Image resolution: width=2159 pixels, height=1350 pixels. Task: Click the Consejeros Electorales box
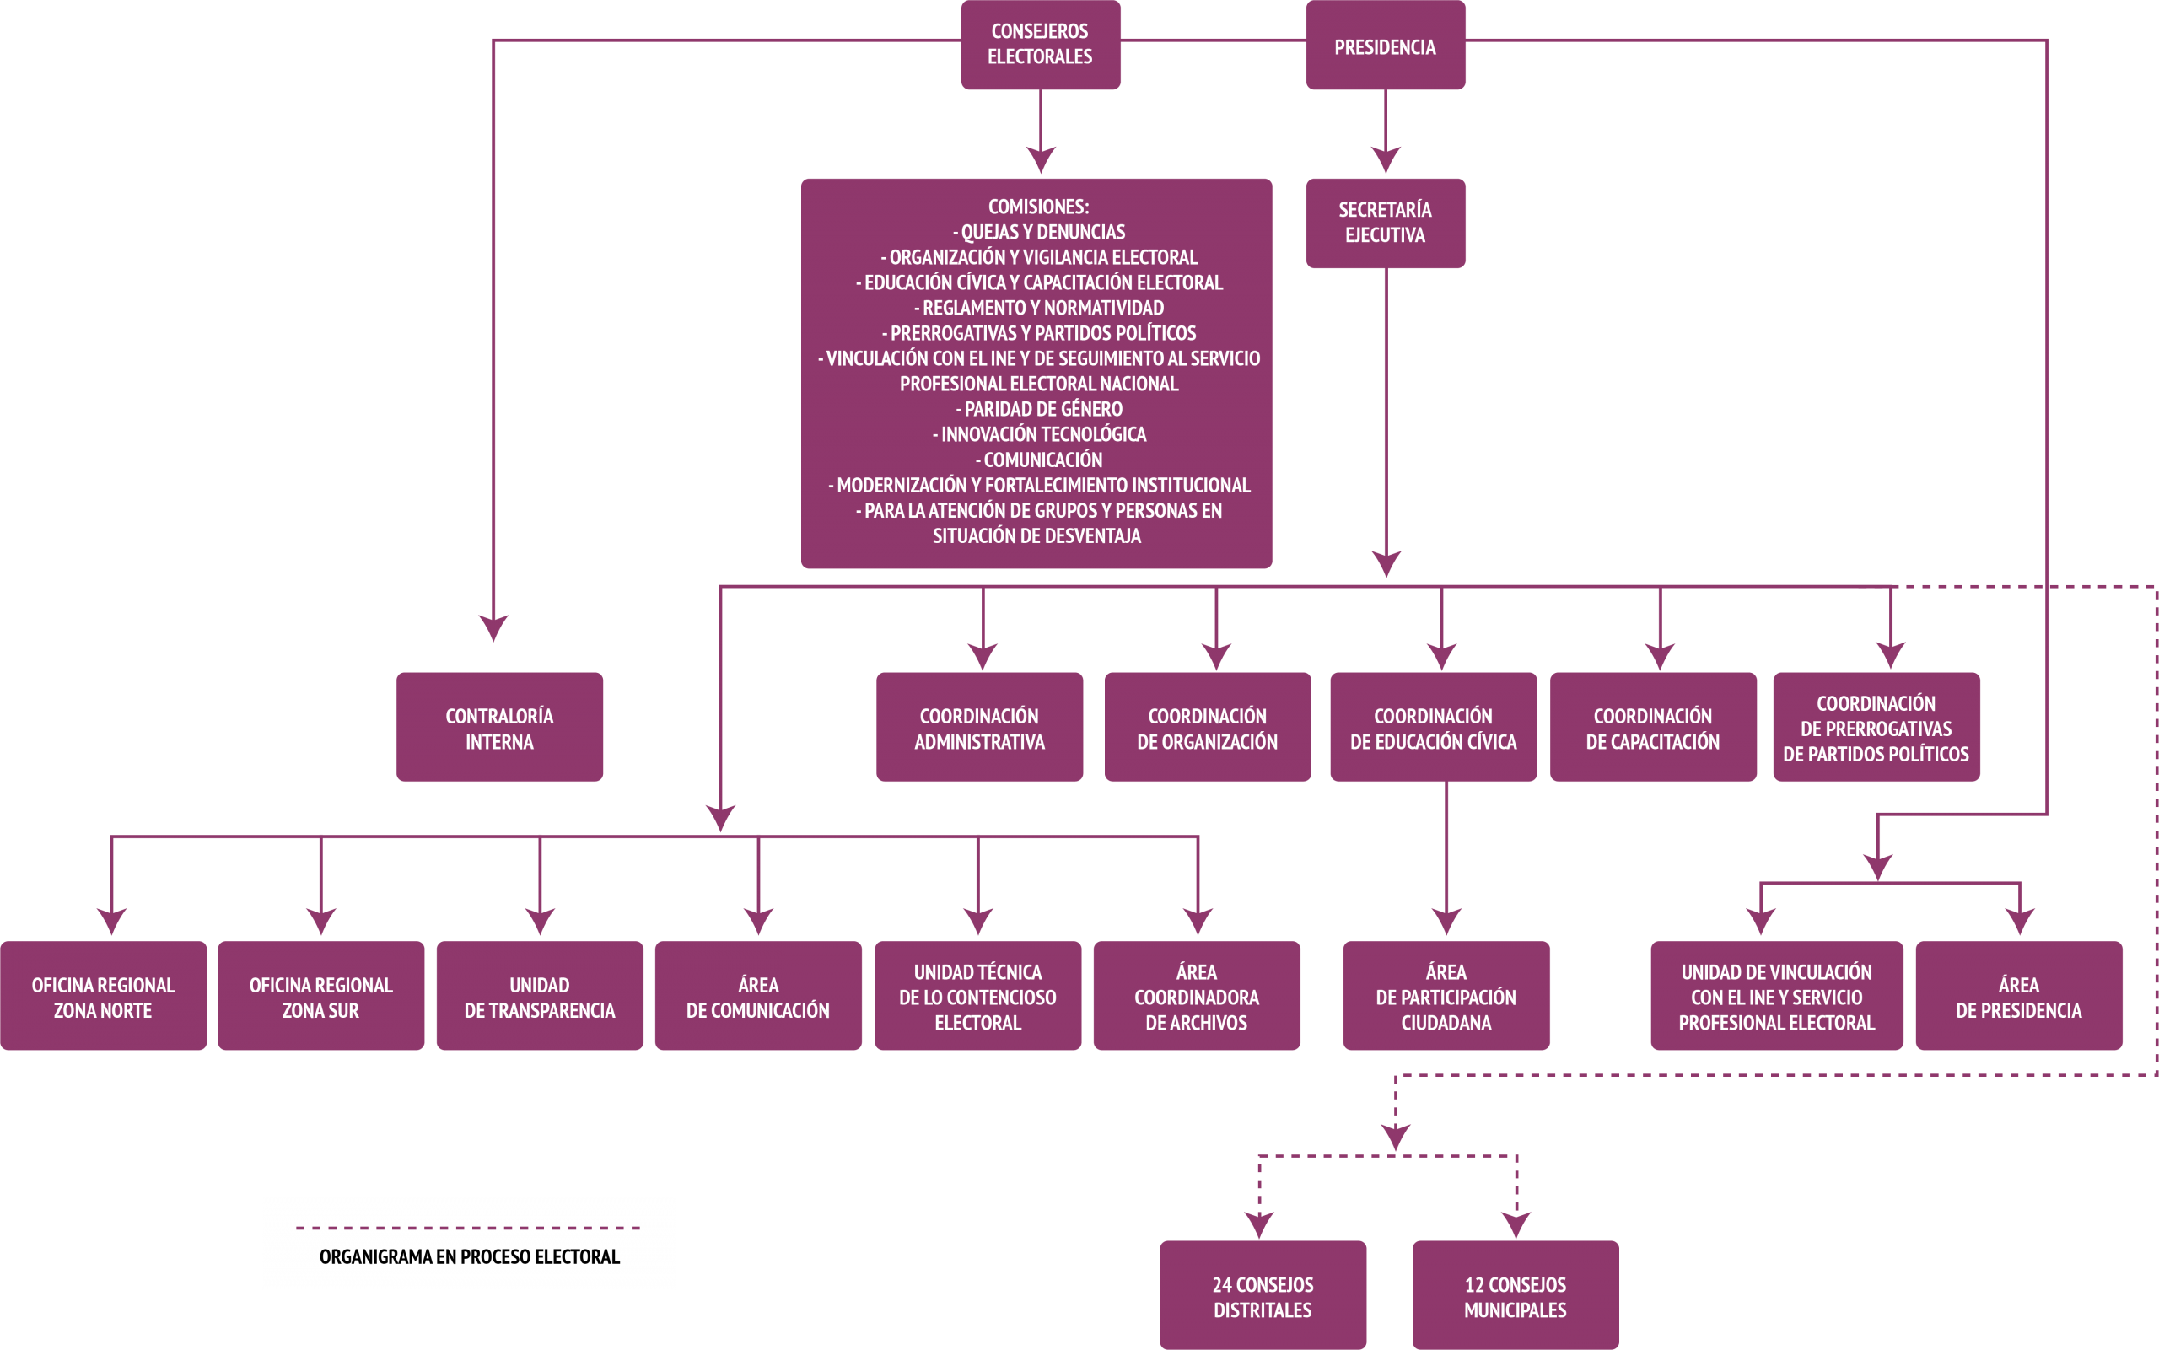tap(1040, 45)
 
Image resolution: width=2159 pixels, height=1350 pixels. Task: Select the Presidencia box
tap(1385, 45)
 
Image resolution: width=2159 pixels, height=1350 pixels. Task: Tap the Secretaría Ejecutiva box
tap(1385, 223)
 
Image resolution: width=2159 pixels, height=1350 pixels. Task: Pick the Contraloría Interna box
tap(499, 727)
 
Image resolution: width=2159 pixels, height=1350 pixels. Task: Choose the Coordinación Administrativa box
tap(979, 727)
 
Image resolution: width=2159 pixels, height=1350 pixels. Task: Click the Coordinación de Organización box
tap(1207, 727)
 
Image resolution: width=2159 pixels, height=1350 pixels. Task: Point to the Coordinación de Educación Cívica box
tap(1433, 727)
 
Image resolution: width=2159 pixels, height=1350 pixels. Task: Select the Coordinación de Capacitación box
tap(1653, 727)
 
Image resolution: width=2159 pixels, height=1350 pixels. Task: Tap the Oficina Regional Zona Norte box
tap(104, 996)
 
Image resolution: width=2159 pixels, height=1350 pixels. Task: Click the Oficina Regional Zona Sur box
tap(320, 996)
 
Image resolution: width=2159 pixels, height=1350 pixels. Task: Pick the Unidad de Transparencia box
tap(539, 996)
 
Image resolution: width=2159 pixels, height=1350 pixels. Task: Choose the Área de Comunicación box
tap(758, 996)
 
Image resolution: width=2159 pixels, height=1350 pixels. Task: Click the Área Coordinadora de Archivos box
tap(1197, 996)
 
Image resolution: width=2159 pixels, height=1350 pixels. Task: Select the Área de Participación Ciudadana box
tap(1446, 996)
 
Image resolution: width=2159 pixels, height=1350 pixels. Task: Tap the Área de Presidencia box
tap(2019, 996)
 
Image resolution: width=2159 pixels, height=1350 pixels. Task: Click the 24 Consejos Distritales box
tap(1263, 1294)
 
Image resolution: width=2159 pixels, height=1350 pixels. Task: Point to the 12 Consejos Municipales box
tap(1516, 1294)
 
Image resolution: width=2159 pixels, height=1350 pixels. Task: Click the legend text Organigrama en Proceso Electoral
tap(470, 1257)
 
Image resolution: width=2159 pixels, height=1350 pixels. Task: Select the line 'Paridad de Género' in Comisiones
tap(1039, 409)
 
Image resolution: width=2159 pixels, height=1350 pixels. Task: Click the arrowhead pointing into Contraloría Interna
tap(493, 627)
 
